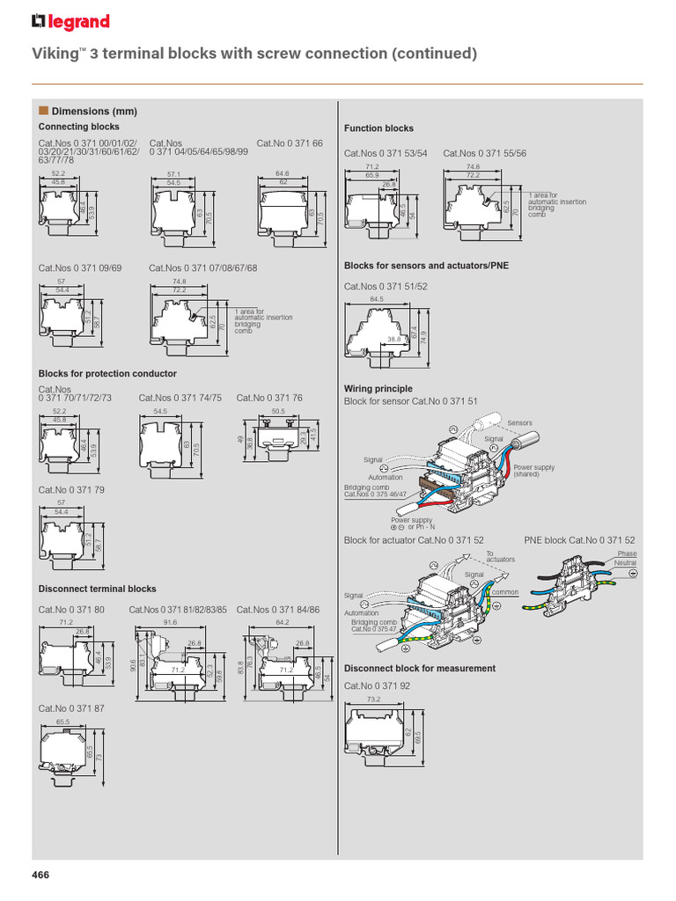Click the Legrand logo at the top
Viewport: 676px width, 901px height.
70,22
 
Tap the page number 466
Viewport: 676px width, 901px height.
40,874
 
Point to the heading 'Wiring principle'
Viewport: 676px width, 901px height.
378,388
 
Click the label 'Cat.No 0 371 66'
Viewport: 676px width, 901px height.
290,143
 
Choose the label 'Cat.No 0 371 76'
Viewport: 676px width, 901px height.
269,398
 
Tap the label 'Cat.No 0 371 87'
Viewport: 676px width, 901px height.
71,707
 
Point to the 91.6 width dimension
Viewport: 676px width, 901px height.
170,622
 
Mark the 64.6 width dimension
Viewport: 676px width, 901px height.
283,174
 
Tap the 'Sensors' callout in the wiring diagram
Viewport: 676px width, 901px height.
519,423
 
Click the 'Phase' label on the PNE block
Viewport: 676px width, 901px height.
627,553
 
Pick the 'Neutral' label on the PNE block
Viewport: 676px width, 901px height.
625,562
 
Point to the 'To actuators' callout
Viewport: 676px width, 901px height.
500,556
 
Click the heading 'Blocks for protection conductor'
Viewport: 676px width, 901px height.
107,374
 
